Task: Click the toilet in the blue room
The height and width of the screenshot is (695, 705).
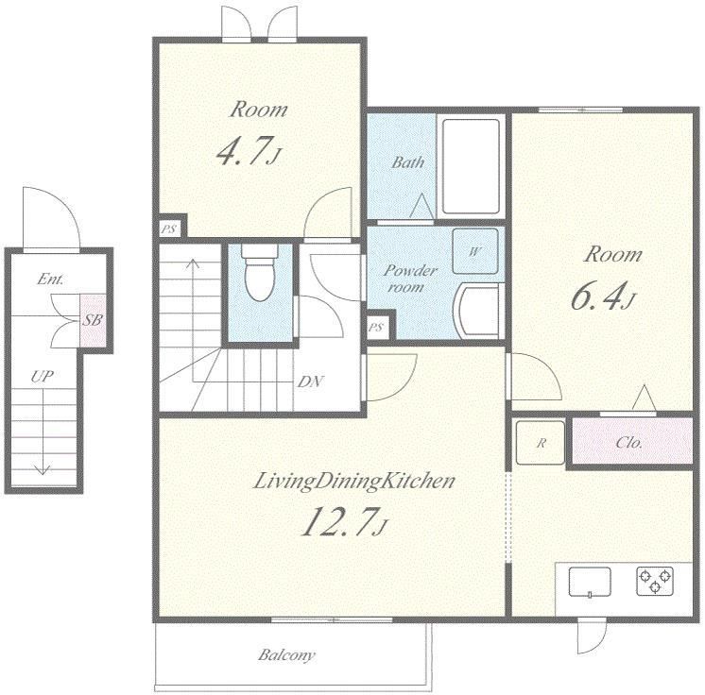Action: click(260, 273)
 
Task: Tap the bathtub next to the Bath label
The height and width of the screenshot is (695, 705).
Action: click(471, 166)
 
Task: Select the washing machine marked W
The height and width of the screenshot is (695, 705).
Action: click(475, 251)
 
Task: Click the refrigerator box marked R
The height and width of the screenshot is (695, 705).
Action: click(540, 443)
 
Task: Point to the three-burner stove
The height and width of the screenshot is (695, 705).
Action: click(655, 581)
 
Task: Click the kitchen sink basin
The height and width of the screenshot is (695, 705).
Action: click(590, 582)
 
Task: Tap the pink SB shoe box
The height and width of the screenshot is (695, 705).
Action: click(93, 320)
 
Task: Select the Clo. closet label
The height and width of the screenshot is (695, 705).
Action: click(629, 443)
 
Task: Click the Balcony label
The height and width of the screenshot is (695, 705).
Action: click(286, 655)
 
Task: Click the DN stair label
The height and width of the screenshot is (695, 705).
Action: click(310, 381)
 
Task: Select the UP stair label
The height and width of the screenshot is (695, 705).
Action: click(43, 377)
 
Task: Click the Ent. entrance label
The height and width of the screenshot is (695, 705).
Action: click(50, 279)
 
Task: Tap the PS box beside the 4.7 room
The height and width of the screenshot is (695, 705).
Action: click(169, 229)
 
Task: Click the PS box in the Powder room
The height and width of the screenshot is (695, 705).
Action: click(376, 328)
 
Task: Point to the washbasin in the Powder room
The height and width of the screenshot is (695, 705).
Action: click(478, 310)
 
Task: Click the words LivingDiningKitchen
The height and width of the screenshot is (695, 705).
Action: click(354, 482)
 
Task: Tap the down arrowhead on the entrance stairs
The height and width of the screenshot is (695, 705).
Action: click(43, 470)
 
